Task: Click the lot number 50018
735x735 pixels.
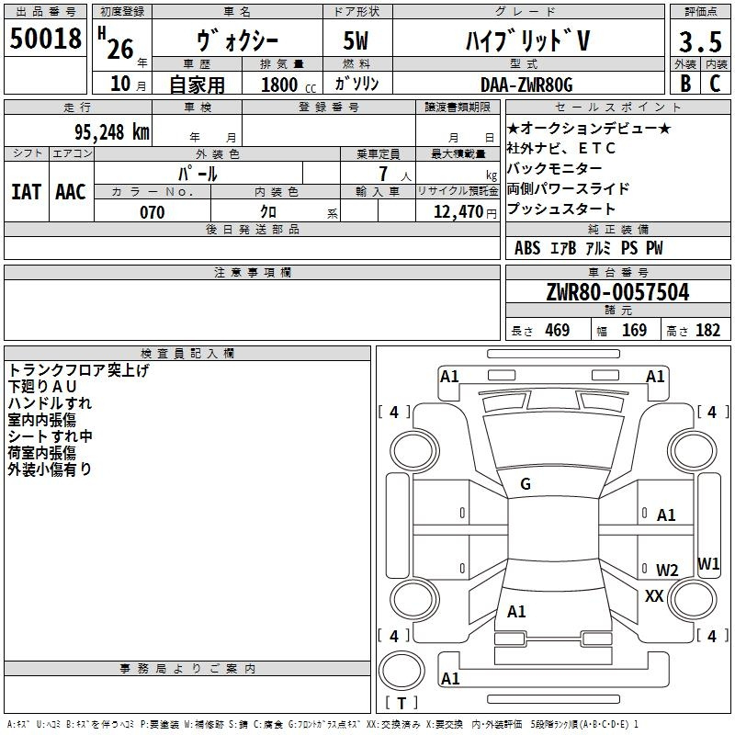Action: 45,38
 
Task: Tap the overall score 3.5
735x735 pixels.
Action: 700,41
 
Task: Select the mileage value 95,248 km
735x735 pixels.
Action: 112,132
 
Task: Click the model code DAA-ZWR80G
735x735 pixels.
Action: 526,85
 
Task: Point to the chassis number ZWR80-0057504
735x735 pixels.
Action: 617,292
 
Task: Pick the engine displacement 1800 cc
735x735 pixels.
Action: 288,85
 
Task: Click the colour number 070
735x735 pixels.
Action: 153,212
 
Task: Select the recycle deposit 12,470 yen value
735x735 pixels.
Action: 465,212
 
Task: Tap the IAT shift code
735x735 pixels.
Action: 27,192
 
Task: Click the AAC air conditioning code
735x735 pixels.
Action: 71,192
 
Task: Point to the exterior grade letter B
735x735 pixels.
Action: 685,84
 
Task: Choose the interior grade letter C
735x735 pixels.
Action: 715,84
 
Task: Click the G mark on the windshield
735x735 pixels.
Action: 526,484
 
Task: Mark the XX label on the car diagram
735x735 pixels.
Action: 654,595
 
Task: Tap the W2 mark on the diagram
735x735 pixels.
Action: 667,570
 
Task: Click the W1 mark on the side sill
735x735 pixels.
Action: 708,563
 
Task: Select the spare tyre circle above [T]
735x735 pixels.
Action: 401,671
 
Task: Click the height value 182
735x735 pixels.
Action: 707,330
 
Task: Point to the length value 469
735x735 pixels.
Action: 558,330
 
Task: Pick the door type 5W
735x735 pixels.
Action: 356,40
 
